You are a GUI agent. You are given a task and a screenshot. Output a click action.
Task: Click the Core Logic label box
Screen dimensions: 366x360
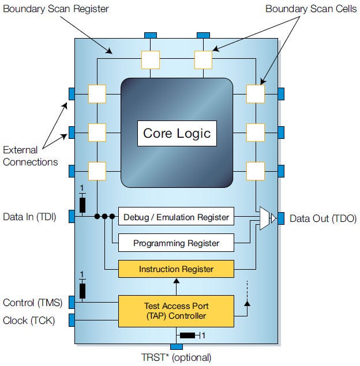pyautogui.click(x=177, y=134)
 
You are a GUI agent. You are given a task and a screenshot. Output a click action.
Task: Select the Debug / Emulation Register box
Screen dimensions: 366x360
pyautogui.click(x=176, y=218)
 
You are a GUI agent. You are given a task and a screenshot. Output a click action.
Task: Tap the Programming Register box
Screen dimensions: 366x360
pyautogui.click(x=176, y=243)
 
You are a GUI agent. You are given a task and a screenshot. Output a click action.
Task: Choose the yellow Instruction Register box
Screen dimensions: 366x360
pyautogui.click(x=176, y=269)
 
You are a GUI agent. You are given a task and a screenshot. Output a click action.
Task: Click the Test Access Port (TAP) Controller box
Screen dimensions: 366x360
pyautogui.click(x=176, y=311)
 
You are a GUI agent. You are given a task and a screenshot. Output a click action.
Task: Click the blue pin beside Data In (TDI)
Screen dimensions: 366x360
pyautogui.click(x=72, y=217)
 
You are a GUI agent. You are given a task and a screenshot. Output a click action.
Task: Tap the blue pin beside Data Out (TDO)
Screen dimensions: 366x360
pyautogui.click(x=281, y=218)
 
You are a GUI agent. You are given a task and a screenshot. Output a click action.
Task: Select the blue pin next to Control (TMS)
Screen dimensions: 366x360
pyautogui.click(x=72, y=301)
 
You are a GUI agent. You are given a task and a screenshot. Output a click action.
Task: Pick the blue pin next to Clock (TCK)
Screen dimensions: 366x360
pyautogui.click(x=72, y=320)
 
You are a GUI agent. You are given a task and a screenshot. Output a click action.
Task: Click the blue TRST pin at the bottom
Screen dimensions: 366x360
pyautogui.click(x=177, y=346)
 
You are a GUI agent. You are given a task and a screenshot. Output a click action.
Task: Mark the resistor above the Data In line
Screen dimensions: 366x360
pyautogui.click(x=82, y=205)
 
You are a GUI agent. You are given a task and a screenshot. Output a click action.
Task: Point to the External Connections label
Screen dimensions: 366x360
pyautogui.click(x=31, y=156)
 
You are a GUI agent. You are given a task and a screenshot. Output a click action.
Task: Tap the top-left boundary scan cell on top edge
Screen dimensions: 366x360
pyautogui.click(x=151, y=59)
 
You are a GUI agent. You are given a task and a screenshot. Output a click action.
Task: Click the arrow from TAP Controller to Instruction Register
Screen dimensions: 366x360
pyautogui.click(x=176, y=286)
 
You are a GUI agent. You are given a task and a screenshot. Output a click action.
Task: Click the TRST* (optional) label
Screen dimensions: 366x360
pyautogui.click(x=177, y=357)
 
